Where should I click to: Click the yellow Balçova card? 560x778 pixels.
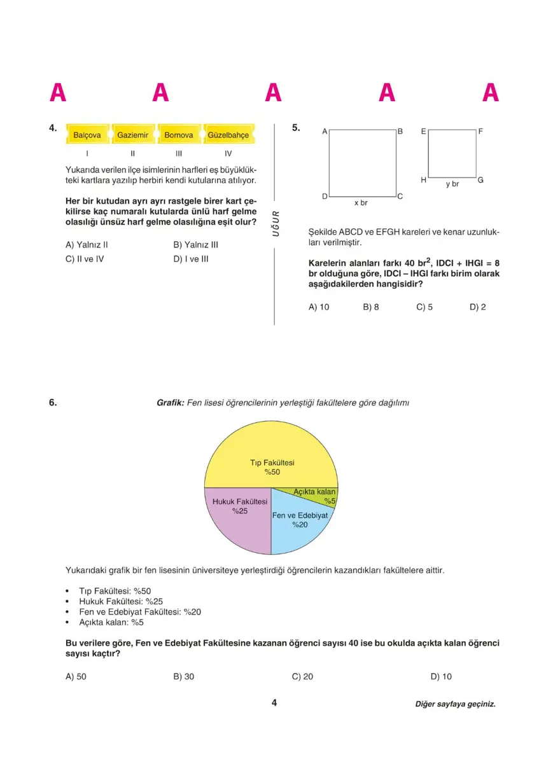(x=88, y=135)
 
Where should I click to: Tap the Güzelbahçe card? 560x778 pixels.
(x=228, y=135)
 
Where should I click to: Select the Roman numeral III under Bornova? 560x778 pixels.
(x=179, y=153)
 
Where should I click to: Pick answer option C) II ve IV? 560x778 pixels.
(x=85, y=259)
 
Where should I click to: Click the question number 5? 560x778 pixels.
(x=296, y=128)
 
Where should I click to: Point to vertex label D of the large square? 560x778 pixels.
(x=325, y=197)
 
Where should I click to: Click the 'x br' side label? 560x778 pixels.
(x=361, y=203)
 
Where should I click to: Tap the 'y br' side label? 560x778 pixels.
(x=452, y=184)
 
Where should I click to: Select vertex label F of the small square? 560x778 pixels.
(x=480, y=132)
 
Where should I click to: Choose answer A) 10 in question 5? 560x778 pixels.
(x=319, y=307)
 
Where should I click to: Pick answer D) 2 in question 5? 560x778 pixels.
(x=477, y=307)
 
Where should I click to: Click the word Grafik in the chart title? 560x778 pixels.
(x=170, y=403)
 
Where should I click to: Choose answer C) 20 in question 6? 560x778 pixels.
(x=302, y=676)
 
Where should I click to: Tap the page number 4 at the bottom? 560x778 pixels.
(x=274, y=703)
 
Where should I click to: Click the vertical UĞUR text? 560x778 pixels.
(x=276, y=223)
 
